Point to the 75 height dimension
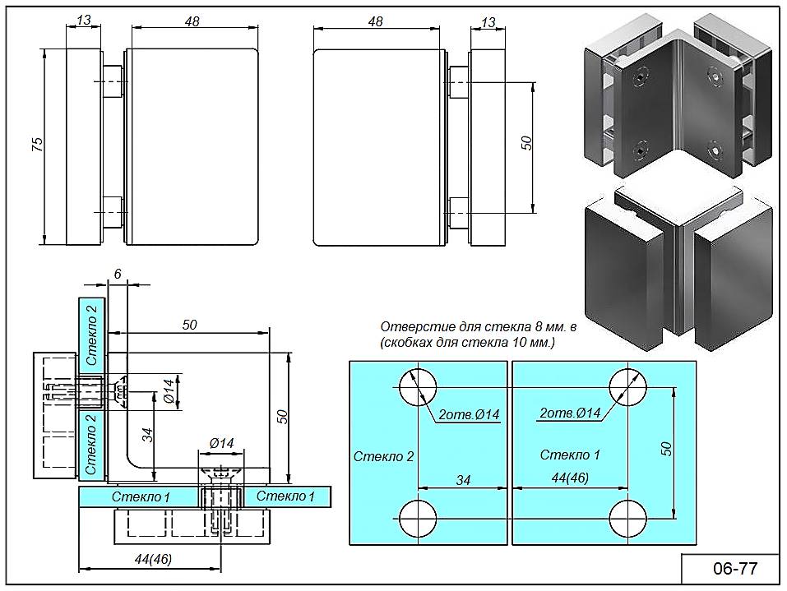pyautogui.click(x=36, y=145)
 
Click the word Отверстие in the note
pyautogui.click(x=414, y=326)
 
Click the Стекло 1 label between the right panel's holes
pyautogui.click(x=571, y=455)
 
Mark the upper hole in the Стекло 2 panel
pyautogui.click(x=419, y=386)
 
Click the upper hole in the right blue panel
pyautogui.click(x=628, y=386)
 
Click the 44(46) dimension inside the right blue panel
pyautogui.click(x=571, y=478)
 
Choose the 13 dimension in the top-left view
pyautogui.click(x=83, y=22)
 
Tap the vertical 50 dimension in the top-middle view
pyautogui.click(x=527, y=142)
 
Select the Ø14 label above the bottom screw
pyautogui.click(x=221, y=443)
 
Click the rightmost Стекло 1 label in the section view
pyautogui.click(x=285, y=496)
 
